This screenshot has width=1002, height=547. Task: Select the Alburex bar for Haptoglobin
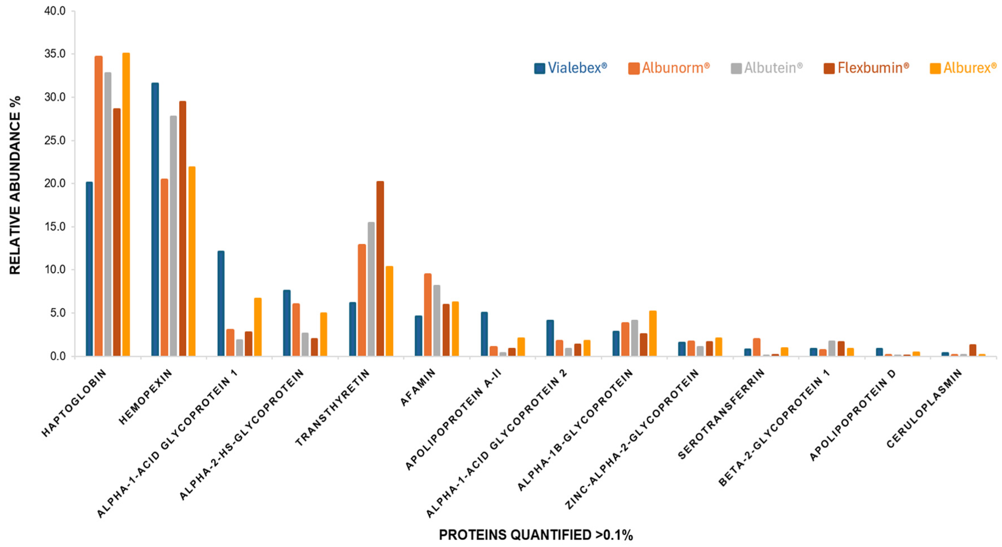[126, 204]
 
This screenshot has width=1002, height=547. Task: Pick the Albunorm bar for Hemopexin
[164, 267]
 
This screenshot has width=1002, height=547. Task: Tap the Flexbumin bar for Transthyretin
[380, 269]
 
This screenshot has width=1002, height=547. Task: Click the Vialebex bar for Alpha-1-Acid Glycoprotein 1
[221, 303]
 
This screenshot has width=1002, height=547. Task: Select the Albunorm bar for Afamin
[428, 315]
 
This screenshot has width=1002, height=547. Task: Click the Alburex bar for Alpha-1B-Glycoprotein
[653, 333]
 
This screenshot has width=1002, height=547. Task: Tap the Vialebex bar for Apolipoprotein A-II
[484, 334]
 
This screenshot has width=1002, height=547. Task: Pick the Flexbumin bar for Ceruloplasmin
[973, 350]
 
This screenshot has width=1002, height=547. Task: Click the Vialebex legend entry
[571, 68]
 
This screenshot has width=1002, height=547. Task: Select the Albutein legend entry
[767, 68]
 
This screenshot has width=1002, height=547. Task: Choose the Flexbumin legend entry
[866, 68]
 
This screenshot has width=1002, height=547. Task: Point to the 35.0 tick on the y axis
[55, 54]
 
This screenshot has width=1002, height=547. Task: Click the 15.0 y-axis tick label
[55, 226]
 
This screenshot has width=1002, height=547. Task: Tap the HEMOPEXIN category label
[145, 397]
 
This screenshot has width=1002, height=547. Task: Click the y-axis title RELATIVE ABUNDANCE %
[15, 185]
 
